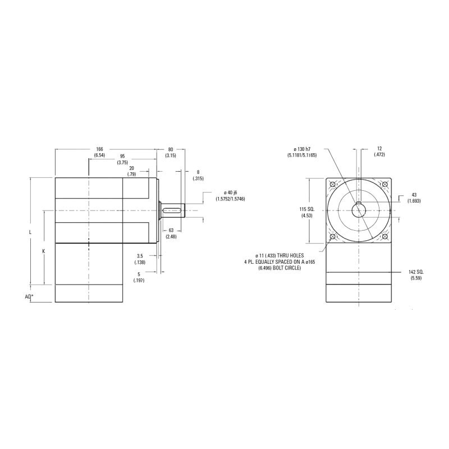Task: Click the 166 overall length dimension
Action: click(99, 149)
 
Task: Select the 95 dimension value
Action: click(122, 157)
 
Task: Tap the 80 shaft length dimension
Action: click(171, 149)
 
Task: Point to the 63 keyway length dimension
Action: click(171, 230)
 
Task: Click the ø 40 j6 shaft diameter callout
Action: click(230, 193)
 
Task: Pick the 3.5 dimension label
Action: click(140, 256)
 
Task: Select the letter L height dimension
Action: click(30, 232)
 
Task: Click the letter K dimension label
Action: click(44, 251)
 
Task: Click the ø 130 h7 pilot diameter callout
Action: click(302, 149)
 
